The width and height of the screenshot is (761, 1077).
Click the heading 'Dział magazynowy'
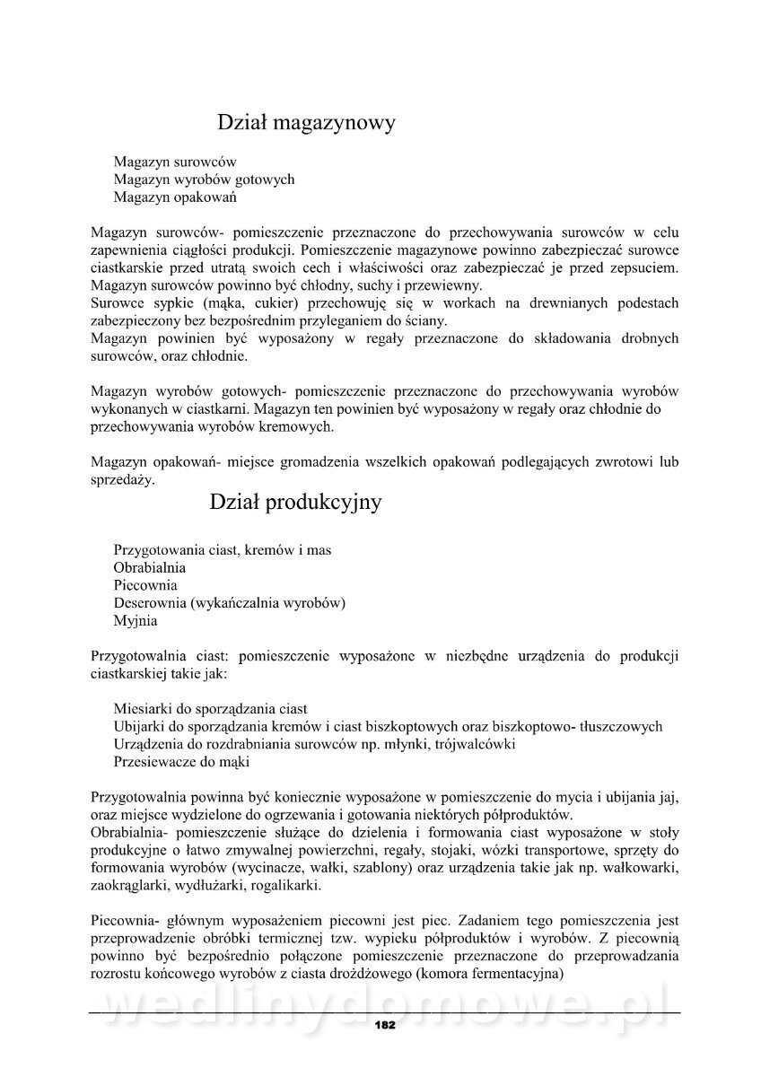click(x=306, y=122)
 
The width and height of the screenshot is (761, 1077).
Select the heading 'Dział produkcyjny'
click(x=295, y=503)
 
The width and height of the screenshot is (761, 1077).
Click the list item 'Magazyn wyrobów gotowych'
click(x=204, y=179)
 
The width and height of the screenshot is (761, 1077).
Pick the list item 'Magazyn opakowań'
click(x=175, y=197)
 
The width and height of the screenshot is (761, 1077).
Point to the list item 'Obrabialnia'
click(x=150, y=567)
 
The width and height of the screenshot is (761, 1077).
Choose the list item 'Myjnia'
click(x=136, y=620)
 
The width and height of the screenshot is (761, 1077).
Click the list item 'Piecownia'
click(x=145, y=585)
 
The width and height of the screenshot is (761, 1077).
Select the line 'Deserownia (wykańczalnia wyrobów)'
click(x=230, y=602)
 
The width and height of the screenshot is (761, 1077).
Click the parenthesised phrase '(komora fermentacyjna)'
click(x=494, y=973)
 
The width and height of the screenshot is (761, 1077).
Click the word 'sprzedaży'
click(x=123, y=480)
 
